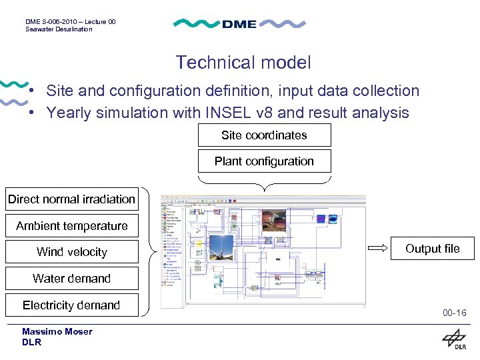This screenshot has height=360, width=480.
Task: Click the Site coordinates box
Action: tap(264, 135)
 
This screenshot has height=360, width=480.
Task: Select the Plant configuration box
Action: tap(264, 161)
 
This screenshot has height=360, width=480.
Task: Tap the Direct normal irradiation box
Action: tap(71, 199)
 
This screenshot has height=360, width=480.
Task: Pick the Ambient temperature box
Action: tap(71, 226)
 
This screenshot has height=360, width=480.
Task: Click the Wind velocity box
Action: tap(71, 252)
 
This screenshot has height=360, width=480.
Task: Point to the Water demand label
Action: tap(71, 279)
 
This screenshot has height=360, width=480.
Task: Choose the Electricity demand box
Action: tap(71, 305)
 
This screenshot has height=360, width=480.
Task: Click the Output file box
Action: tap(433, 249)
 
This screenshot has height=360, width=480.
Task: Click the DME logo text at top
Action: tap(239, 24)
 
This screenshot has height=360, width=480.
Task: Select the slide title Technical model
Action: tap(243, 63)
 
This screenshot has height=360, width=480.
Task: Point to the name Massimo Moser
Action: tap(57, 331)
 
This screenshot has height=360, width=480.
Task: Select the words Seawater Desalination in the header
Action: tap(59, 29)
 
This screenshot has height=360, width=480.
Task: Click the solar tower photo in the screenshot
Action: tap(221, 247)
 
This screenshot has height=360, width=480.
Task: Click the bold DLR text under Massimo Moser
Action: tap(31, 342)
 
